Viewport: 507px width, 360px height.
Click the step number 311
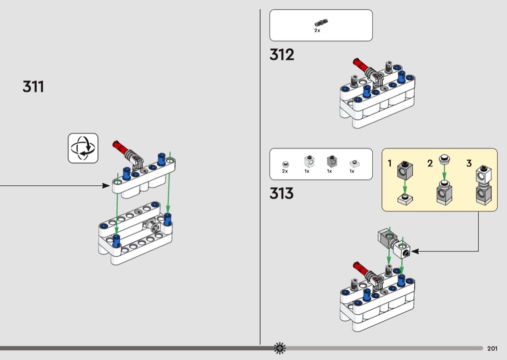[33, 86]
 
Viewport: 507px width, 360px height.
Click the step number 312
[282, 55]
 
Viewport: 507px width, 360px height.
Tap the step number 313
[282, 193]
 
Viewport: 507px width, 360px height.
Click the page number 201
[492, 348]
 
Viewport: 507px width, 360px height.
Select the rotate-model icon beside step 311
[83, 148]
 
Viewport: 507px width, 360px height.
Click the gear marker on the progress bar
[280, 348]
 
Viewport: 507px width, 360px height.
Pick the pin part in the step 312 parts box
[321, 23]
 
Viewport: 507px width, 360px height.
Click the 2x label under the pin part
[317, 30]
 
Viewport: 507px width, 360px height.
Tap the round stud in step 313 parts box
[285, 164]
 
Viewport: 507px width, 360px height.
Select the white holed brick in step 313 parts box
[310, 161]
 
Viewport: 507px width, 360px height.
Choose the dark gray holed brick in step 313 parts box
[332, 161]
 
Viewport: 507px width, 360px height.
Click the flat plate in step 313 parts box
[354, 164]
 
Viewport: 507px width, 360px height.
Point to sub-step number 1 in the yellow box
[390, 164]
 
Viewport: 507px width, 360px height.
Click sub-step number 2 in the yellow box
[430, 164]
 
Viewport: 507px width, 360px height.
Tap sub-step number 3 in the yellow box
[469, 164]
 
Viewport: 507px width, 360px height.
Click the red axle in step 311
[121, 147]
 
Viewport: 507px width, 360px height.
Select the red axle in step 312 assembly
[361, 65]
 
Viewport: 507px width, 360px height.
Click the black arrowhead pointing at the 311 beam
[106, 185]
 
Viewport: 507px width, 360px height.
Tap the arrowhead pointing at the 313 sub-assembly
[415, 251]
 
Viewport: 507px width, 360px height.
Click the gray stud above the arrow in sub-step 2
[444, 159]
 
